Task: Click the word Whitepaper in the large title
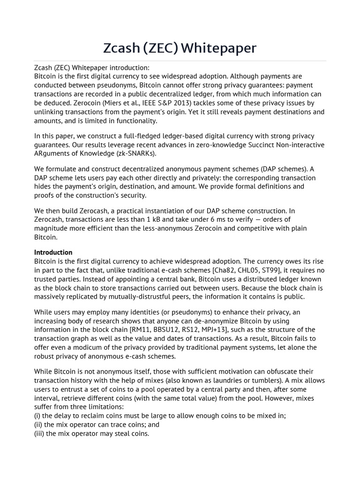(218, 48)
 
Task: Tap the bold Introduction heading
(53, 252)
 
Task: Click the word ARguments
(53, 153)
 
